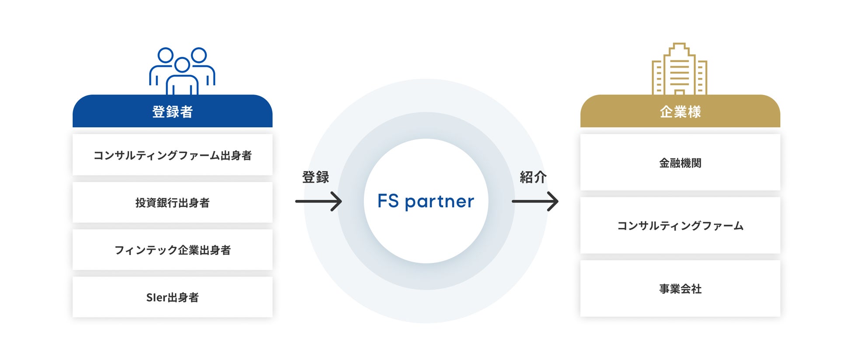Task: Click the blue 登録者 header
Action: pos(172,112)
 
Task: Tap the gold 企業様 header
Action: pos(680,112)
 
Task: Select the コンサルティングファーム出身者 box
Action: pos(172,155)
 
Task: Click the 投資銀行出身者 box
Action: pos(172,203)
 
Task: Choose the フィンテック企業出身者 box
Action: pos(172,250)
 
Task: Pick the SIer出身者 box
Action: pos(172,297)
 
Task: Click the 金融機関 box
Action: pos(680,163)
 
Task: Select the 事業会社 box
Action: pos(680,289)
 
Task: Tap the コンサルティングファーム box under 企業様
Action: pos(680,226)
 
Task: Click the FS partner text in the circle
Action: pos(426,201)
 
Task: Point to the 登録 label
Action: pos(315,177)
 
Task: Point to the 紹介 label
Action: pos(533,177)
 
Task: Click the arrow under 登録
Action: pos(318,201)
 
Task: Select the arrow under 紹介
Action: pos(535,201)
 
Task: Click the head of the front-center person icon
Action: pos(182,65)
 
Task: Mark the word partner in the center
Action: pos(439,202)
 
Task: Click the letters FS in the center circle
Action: pos(388,201)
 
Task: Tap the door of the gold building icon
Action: pos(679,92)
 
